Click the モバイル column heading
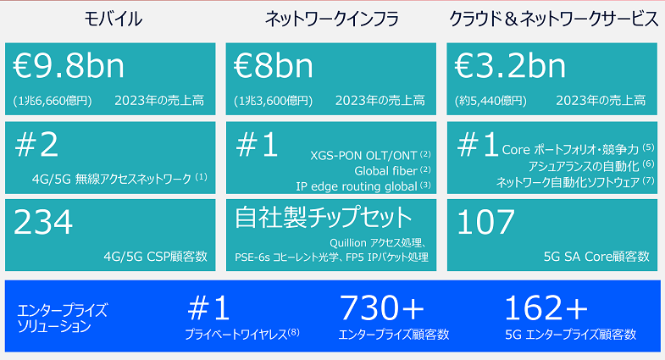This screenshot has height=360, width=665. pos(113,19)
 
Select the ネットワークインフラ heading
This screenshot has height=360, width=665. pos(331,19)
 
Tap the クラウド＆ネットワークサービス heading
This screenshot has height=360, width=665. pos(553,19)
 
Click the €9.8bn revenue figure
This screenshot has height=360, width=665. pos(69,66)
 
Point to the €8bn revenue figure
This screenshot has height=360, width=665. pos(274,66)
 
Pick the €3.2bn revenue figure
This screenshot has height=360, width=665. pos(510,66)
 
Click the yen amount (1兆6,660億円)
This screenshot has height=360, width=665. pos(53,101)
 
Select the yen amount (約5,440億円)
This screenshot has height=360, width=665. pos(490,101)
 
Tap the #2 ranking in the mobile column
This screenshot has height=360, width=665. pos(36,145)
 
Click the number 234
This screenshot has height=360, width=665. pos(43,222)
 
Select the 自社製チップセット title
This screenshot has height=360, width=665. pos(324,217)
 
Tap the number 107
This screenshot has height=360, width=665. pos(486,222)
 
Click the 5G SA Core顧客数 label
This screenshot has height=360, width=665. pos(596,256)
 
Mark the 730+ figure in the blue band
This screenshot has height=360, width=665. pos(382,308)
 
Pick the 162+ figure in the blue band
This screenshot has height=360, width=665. pos(546,308)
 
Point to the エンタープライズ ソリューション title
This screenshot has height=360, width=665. pos(63,318)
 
